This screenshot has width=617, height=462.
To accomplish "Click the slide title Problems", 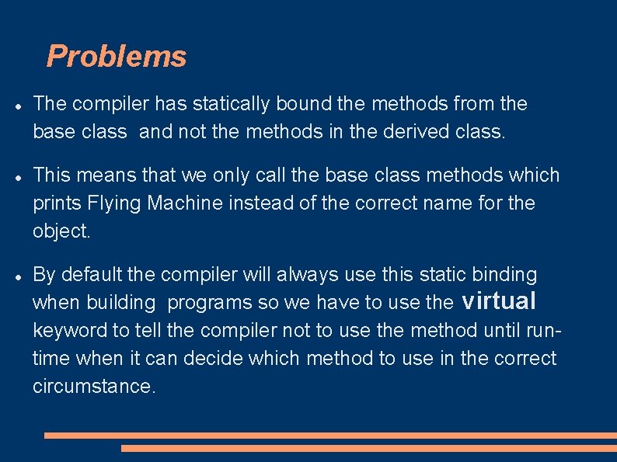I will click(x=117, y=57).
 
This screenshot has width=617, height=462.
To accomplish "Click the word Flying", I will click(x=114, y=203).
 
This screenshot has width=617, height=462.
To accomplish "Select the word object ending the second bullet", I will click(x=61, y=231).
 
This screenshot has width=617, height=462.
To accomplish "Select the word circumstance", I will click(x=94, y=386).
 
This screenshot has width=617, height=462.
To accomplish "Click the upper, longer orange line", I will click(x=330, y=436).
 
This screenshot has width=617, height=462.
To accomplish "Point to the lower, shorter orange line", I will click(x=368, y=448).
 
